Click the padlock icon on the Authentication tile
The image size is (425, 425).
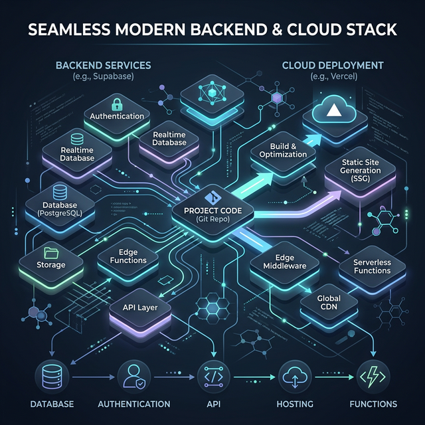(117, 104)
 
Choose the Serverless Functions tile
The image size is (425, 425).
(372, 266)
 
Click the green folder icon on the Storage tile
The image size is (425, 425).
(51, 252)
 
